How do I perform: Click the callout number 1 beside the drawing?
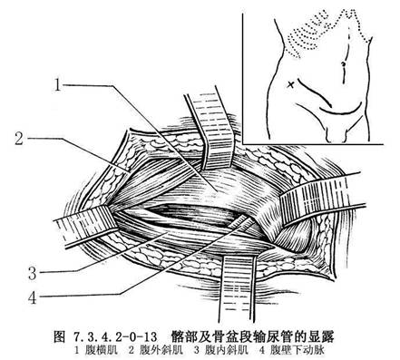coord(58,84)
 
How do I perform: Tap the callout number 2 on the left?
coord(19,139)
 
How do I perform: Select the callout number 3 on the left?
coord(33,273)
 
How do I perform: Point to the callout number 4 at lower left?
coord(33,297)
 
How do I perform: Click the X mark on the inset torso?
coord(290,84)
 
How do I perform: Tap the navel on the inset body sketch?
coord(343,64)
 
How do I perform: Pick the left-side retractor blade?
coord(85,225)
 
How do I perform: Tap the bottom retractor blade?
coord(238,287)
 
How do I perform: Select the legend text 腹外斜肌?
coord(161,350)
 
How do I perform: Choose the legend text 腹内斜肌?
coord(227,350)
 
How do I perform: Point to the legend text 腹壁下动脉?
coord(298,350)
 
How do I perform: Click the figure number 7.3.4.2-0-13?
coord(115,336)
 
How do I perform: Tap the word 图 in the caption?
coord(59,336)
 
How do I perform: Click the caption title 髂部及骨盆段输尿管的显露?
coord(252,336)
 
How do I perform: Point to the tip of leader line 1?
coord(217,191)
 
